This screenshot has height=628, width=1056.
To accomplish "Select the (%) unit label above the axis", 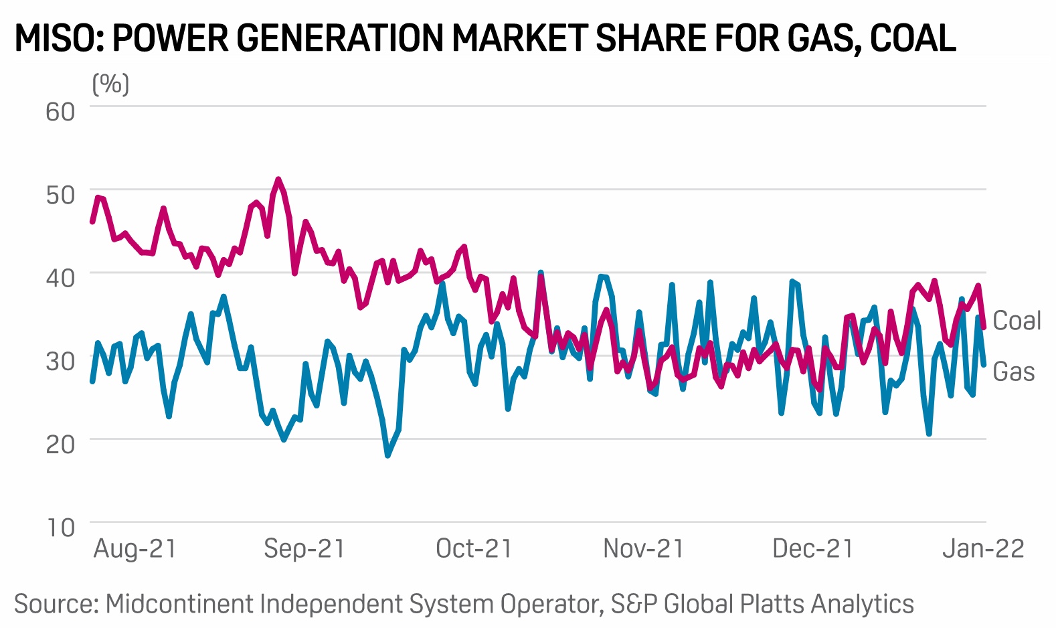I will [x=110, y=84].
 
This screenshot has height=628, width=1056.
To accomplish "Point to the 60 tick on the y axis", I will [x=60, y=111].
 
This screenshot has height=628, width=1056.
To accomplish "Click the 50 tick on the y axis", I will [x=60, y=195].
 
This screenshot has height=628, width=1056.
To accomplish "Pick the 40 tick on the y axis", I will [x=60, y=278].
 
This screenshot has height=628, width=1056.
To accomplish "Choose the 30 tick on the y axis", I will [x=60, y=361].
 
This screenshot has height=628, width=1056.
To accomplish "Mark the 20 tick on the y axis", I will [x=60, y=444].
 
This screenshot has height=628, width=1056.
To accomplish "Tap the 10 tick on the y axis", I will [x=60, y=528].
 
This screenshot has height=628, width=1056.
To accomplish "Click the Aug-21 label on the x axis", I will [x=135, y=549].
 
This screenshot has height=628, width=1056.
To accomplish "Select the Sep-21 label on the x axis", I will [x=304, y=549].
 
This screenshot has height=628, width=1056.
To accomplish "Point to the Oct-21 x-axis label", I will [x=474, y=549].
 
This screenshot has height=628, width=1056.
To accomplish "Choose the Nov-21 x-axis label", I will [x=643, y=549].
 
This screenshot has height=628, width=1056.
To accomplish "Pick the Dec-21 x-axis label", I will [x=813, y=549].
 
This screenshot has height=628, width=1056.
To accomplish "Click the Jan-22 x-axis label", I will [x=983, y=549].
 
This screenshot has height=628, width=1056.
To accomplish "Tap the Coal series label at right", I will [x=1017, y=321].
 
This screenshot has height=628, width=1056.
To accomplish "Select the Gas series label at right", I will [x=1013, y=372].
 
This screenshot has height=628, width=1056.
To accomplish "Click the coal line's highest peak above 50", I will [x=278, y=179].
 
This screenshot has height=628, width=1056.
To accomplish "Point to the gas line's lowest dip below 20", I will [x=387, y=455].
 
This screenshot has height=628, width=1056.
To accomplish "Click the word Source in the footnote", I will [x=56, y=604].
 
